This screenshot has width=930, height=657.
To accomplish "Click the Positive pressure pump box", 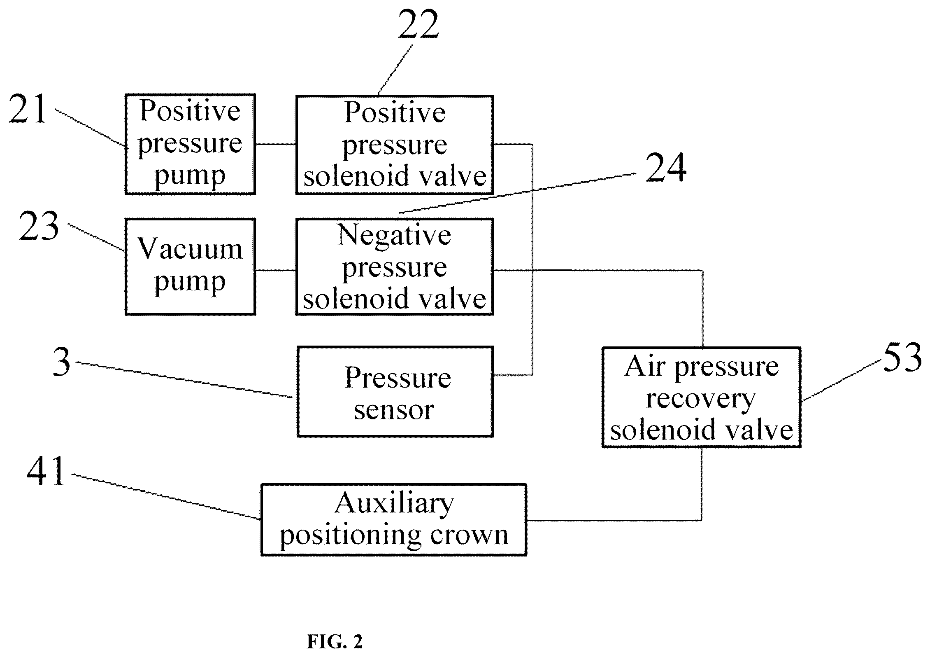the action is (190, 144).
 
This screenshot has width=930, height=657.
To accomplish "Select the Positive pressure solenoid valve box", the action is (394, 145).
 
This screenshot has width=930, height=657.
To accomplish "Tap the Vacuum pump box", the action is (190, 267).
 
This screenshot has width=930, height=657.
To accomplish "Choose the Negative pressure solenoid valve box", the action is (394, 267).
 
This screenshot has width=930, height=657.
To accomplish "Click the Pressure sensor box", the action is (395, 391).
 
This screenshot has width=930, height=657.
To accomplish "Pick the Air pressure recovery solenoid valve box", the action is (701, 397).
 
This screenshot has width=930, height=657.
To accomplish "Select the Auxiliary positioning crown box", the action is (394, 520).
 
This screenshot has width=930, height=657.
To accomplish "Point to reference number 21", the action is (28, 109).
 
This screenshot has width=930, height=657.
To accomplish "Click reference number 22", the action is (418, 24).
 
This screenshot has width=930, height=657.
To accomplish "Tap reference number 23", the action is (39, 226).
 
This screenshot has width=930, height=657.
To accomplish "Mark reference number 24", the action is (665, 167).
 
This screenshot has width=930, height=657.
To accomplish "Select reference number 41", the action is (46, 471).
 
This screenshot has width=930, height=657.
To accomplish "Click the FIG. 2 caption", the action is (335, 642).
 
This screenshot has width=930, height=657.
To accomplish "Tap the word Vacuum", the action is (190, 249).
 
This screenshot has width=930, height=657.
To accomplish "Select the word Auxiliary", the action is (394, 503).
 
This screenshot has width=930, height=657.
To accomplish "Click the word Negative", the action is (394, 235).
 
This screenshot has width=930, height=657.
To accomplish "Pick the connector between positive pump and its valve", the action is (276, 144).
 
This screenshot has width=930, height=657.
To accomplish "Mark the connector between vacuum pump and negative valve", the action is (276, 271).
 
